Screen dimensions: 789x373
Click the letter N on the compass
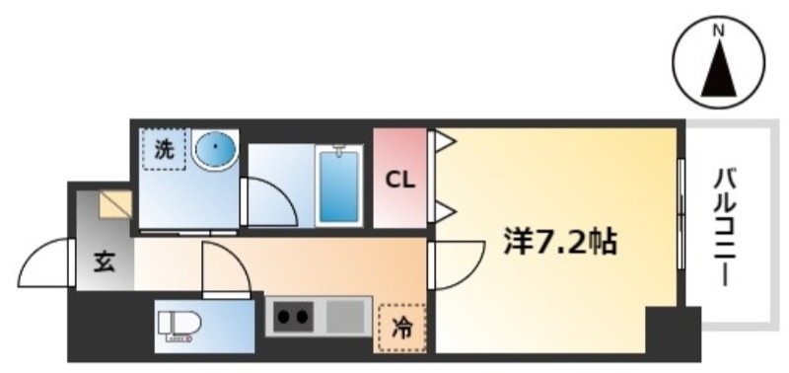pos(719,31)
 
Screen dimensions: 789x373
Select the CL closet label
pos(400,181)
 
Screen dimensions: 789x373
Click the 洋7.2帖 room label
pos(560,244)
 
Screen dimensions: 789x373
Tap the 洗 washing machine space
pos(164,149)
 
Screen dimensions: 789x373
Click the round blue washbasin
pos(215,147)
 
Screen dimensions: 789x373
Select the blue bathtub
pos(339,186)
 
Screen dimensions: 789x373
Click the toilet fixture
pos(179,327)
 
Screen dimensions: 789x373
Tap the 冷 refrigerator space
pos(402,329)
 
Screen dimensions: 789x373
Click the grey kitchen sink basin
pos(345,316)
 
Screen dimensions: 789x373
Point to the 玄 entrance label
pos(105,262)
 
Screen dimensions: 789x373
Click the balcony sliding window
pos(681,214)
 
